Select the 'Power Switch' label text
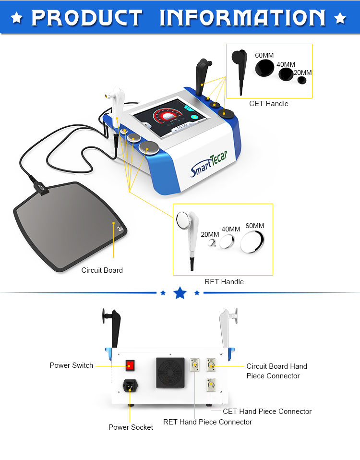[72, 365]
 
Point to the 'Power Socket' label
[131, 427]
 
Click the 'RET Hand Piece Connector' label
[207, 422]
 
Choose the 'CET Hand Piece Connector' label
[267, 412]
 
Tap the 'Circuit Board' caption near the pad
[102, 270]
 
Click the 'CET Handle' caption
[269, 103]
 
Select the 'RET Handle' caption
[224, 282]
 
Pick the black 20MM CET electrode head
[302, 80]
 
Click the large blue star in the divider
[180, 292]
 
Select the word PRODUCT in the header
[87, 18]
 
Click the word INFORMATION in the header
[243, 18]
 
